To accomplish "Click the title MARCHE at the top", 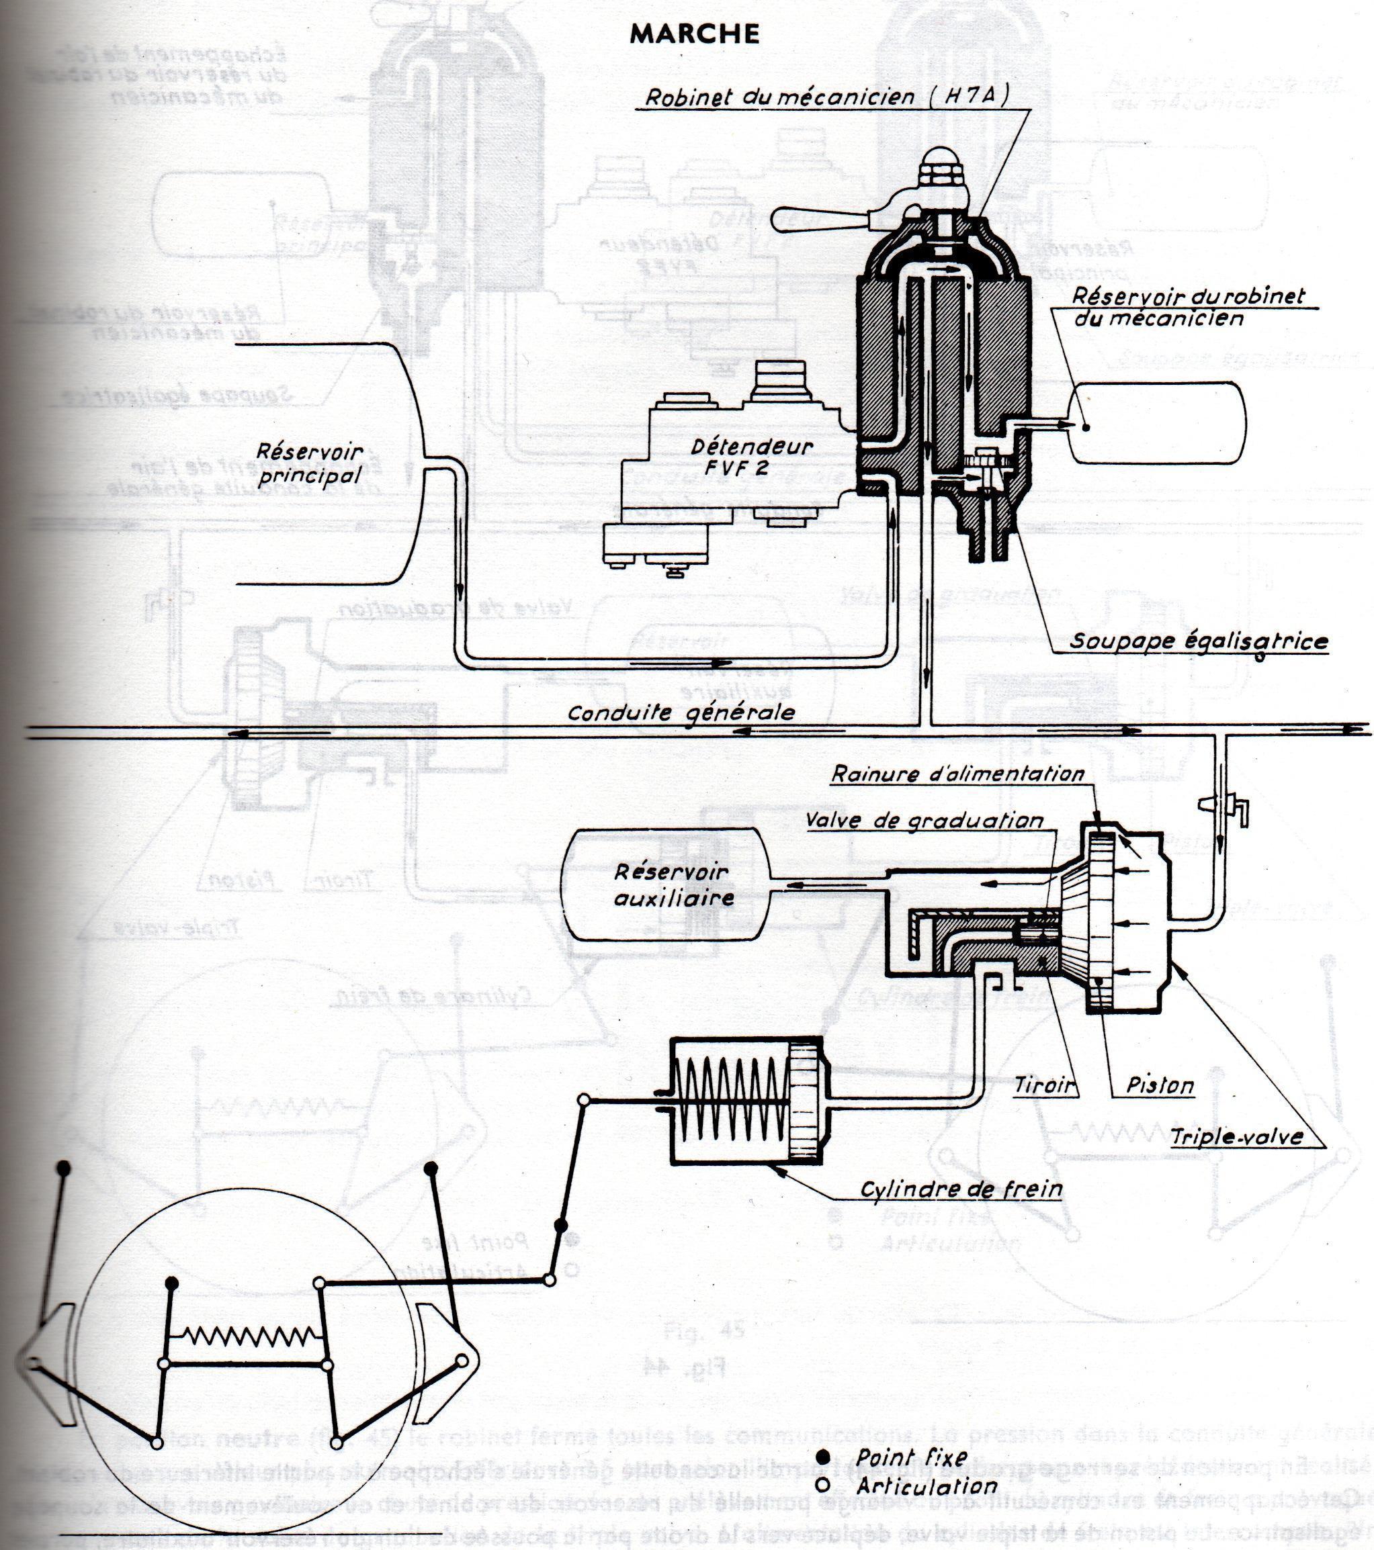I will click(x=694, y=34).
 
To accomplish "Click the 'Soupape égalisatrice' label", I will click(x=1199, y=641).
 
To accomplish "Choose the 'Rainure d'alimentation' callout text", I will click(x=957, y=774).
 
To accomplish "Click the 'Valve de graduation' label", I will click(x=923, y=821).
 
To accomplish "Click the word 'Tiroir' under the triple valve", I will click(x=1045, y=1085).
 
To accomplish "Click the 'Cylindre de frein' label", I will click(x=961, y=1190).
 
